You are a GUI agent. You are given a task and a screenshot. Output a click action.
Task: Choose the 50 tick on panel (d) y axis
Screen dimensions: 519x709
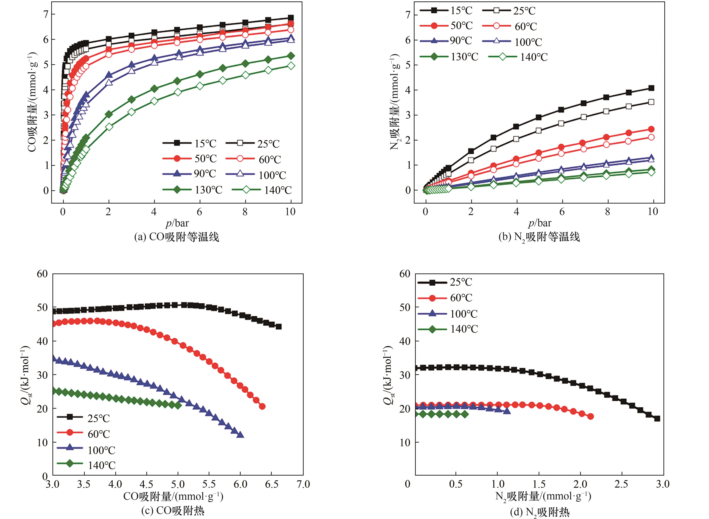click(x=405, y=307)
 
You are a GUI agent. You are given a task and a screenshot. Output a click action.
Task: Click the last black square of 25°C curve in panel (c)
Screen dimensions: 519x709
click(x=278, y=326)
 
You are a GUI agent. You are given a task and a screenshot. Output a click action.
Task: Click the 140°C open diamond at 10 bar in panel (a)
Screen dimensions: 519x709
click(x=291, y=66)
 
